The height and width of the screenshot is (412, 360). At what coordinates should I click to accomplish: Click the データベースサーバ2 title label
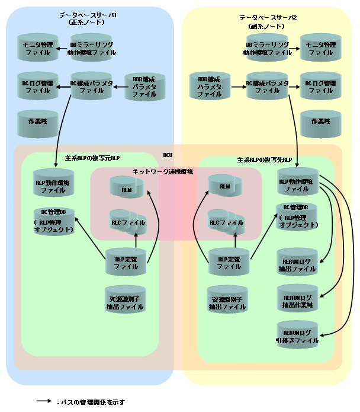pos(268,18)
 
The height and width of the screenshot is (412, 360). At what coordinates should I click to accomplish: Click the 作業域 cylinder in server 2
pos(320,121)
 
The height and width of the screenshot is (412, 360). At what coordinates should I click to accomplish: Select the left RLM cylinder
pos(126,189)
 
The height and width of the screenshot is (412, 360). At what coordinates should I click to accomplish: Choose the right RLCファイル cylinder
pos(226,222)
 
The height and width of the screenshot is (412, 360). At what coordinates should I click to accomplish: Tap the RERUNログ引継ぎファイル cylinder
pos(297,336)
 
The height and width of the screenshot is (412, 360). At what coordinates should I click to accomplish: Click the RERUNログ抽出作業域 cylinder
pos(297,301)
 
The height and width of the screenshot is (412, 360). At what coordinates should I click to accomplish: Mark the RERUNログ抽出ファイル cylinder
pos(297,264)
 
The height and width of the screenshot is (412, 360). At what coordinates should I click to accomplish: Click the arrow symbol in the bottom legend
pos(44,401)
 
